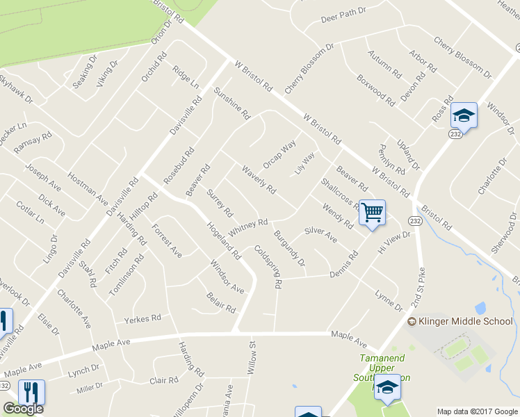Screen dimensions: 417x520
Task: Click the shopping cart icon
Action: tap(373, 212)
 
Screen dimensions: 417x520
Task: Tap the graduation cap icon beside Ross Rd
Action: tap(464, 115)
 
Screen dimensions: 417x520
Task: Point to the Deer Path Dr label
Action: tap(343, 17)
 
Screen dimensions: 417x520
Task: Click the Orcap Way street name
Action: tap(279, 154)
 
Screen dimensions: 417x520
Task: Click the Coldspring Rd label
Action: tap(268, 267)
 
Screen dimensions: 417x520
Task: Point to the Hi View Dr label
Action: tap(394, 243)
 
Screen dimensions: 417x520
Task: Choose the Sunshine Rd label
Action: tap(231, 104)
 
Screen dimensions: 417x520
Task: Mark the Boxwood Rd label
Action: tap(375, 90)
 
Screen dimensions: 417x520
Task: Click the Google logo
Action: tap(23, 409)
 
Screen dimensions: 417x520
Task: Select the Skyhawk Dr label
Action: tap(17, 89)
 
